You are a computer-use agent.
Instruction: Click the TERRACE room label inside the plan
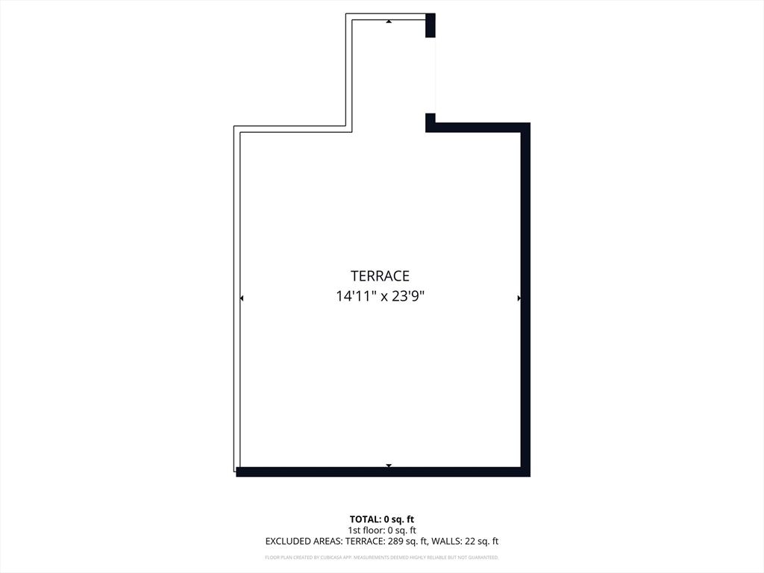381,276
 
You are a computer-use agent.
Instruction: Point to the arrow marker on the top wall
389,22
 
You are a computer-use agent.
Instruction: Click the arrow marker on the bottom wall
389,466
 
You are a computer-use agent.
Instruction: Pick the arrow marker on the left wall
241,298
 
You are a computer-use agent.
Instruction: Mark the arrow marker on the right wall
519,298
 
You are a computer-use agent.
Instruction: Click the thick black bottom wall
381,472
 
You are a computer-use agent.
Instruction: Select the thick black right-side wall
525,298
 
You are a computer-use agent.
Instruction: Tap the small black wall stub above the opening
430,25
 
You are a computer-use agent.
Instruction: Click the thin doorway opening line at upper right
435,75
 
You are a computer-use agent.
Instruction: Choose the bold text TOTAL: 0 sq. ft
381,519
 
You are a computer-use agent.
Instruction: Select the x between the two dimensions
384,297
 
